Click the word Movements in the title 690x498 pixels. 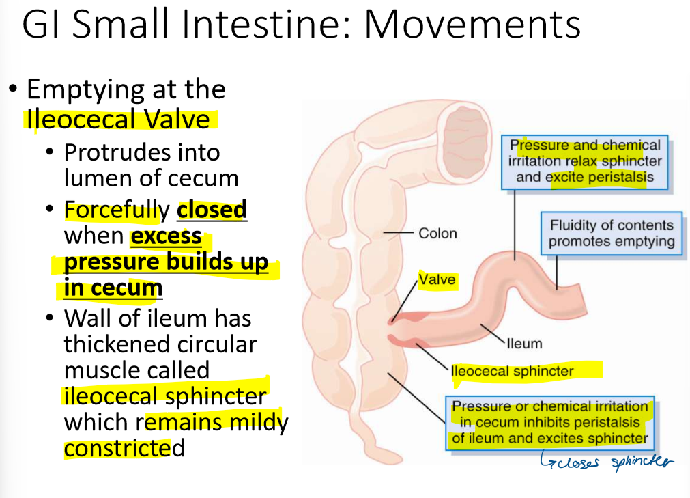coord(472,25)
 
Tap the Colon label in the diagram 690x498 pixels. coord(437,234)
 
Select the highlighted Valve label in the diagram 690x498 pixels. coord(437,279)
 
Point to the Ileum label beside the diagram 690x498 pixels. coord(523,343)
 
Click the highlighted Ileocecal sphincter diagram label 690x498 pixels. coord(512,372)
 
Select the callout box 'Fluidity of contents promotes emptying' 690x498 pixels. coord(612,233)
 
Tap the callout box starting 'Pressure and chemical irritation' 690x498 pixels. coord(585,161)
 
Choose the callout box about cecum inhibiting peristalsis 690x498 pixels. coord(550,422)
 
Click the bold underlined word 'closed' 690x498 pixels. coord(212,210)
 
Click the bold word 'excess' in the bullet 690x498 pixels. coord(166,236)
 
